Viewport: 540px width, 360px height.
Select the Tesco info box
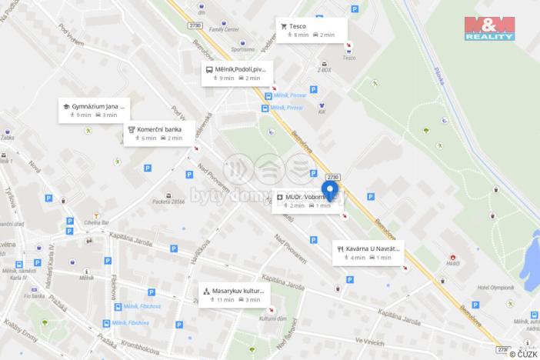pos(311,30)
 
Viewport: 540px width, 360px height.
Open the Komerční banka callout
pos(158,133)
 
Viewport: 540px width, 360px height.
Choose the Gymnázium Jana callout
pos(94,110)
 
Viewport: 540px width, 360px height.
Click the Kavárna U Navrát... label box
pos(368,252)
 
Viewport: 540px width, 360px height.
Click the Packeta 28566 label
pos(169,201)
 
